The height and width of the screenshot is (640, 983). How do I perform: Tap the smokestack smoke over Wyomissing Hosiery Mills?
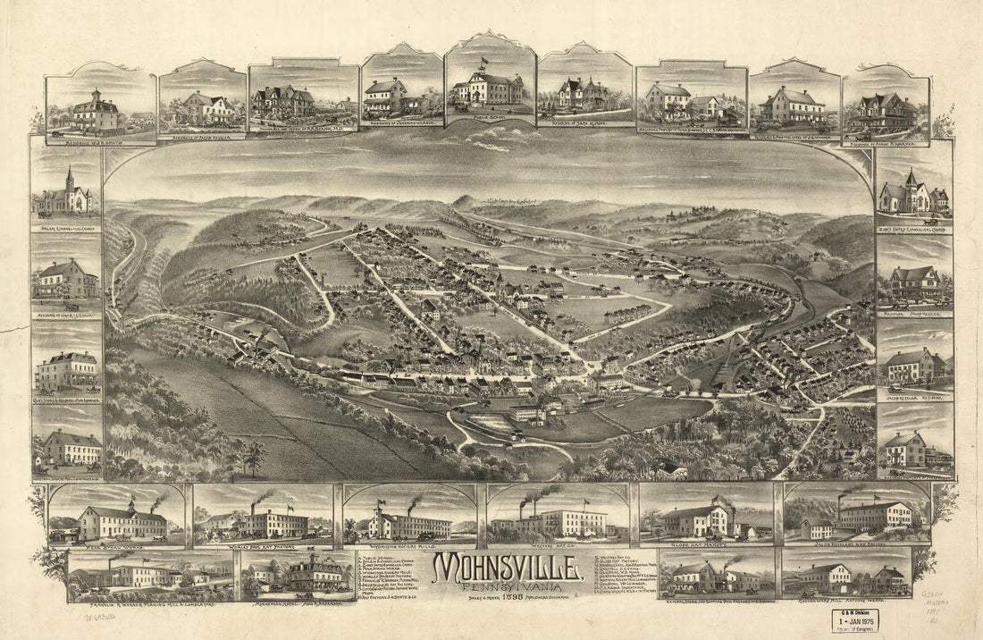coord(414,503)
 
